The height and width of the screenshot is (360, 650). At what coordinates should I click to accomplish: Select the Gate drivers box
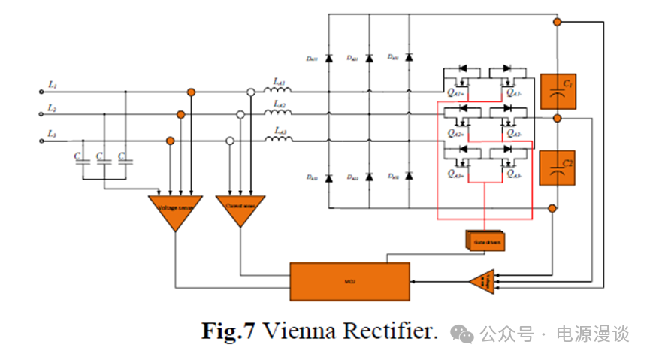[x=485, y=241]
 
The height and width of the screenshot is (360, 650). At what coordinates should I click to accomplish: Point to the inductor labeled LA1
[x=278, y=89]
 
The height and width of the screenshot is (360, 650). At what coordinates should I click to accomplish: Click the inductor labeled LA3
[x=278, y=139]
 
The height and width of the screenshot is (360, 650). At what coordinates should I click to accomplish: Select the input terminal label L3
[x=51, y=133]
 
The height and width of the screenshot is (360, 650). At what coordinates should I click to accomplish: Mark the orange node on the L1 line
[x=192, y=92]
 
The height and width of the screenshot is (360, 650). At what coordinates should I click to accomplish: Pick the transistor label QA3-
[x=514, y=174]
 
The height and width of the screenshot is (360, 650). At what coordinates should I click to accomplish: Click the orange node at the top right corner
[x=557, y=22]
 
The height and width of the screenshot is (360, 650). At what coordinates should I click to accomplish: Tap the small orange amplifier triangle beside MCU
[x=481, y=282]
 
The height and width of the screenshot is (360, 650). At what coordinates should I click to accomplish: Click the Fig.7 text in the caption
[x=228, y=331]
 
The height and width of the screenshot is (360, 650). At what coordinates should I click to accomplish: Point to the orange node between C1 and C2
[x=557, y=119]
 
